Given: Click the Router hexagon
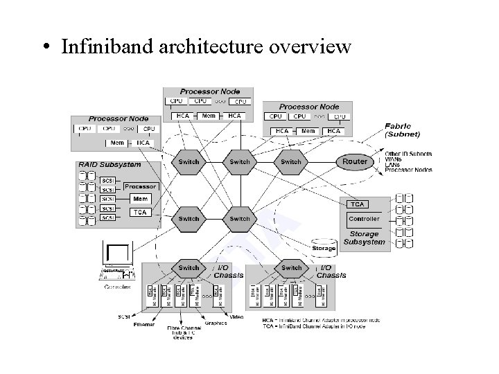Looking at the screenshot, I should (355, 161).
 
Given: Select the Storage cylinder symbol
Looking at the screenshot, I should (324, 245).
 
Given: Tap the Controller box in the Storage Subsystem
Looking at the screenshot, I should (364, 219).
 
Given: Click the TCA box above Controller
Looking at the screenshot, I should (358, 204).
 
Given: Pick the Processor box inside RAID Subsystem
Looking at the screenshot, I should (140, 186).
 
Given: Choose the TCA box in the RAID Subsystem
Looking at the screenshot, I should (139, 213).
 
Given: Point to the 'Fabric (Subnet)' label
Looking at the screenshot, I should (403, 130).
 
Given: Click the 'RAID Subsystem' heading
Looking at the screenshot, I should (110, 165).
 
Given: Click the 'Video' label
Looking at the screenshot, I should (236, 317).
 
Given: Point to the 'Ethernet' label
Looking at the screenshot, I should (144, 324).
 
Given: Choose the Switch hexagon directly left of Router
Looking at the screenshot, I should (291, 161).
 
